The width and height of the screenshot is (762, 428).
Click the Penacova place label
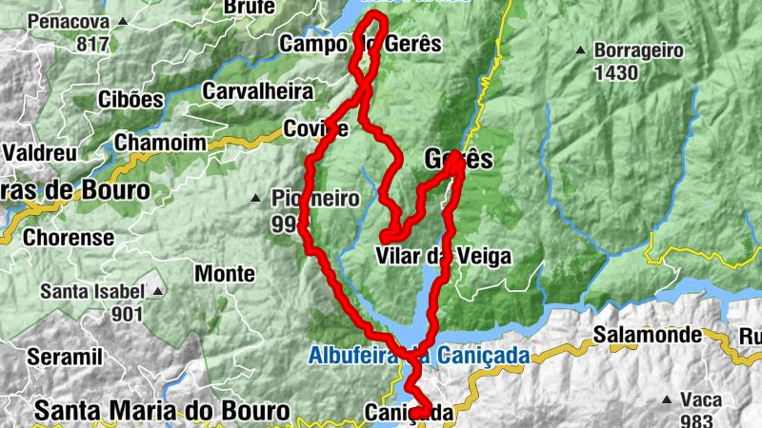(68, 21)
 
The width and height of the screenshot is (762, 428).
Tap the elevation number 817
(92, 44)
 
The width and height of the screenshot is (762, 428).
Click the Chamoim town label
(159, 143)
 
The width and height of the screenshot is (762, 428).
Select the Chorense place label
(70, 237)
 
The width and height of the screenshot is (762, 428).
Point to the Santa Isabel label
(92, 291)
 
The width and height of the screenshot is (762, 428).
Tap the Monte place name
(225, 274)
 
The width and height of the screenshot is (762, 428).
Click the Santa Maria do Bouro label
(161, 411)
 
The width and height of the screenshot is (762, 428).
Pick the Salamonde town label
(648, 335)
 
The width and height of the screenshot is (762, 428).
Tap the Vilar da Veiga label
(443, 257)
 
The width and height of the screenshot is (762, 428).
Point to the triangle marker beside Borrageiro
(580, 49)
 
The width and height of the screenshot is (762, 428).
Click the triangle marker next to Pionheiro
(255, 199)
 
